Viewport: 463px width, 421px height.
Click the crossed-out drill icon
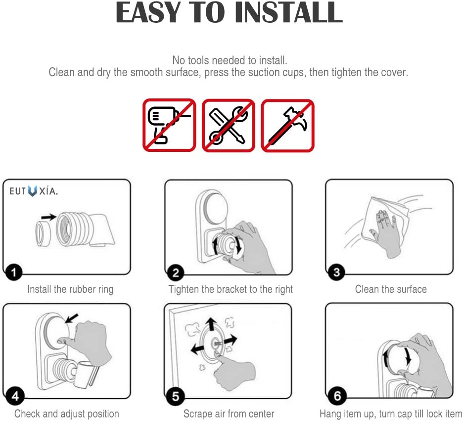[169, 125]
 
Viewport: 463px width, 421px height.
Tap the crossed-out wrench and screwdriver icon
[228, 125]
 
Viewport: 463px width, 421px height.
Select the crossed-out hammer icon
[287, 125]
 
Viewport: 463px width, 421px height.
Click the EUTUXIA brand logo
[33, 191]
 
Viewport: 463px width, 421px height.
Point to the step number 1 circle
[13, 272]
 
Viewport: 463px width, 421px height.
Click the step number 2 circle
[176, 273]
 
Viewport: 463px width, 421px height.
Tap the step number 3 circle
[336, 272]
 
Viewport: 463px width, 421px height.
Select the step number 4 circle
[15, 396]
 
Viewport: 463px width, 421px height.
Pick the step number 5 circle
[176, 396]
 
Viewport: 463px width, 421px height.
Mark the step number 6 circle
[337, 396]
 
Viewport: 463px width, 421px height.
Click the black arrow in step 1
[48, 217]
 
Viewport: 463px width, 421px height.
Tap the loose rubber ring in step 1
[43, 234]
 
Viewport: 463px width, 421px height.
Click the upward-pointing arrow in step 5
[211, 324]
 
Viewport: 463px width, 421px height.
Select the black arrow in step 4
[71, 318]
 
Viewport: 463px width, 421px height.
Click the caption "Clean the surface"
[391, 289]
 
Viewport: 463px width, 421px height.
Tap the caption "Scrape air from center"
[229, 414]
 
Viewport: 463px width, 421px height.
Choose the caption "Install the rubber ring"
[70, 289]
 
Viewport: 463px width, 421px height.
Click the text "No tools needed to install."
[230, 60]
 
